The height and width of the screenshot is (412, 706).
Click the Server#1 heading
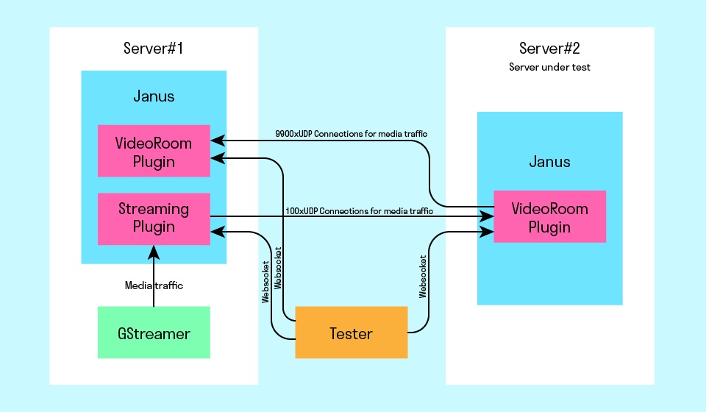[x=154, y=49]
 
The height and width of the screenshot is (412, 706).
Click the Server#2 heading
[x=549, y=49]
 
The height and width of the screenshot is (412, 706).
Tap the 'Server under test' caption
[x=549, y=67]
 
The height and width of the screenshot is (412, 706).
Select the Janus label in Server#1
[x=154, y=96]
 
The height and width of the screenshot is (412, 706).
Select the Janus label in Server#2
[x=549, y=162]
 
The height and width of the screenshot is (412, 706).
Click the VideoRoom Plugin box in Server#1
[x=154, y=152]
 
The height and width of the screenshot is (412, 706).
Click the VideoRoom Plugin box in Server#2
[x=549, y=217]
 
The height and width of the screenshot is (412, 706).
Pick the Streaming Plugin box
[x=154, y=219]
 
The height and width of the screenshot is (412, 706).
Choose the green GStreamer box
[x=154, y=333]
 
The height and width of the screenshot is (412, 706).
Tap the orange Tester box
[x=351, y=333]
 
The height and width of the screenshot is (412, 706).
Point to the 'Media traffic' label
[x=154, y=285]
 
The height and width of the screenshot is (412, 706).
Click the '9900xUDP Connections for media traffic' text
[x=352, y=134]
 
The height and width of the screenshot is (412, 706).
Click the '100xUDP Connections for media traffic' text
[x=358, y=211]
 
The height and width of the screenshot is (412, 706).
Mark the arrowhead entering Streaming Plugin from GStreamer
[x=154, y=252]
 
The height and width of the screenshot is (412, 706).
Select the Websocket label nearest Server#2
[x=423, y=277]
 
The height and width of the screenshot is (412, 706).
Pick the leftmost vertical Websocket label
[x=265, y=283]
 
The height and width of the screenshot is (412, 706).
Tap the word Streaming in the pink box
[x=154, y=209]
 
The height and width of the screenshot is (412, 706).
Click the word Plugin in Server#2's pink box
[x=549, y=227]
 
